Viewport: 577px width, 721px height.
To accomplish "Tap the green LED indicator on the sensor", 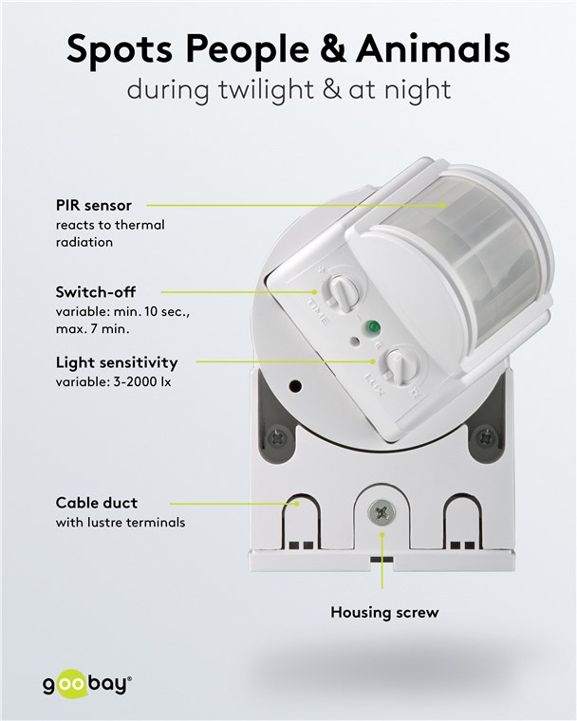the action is pyautogui.click(x=372, y=327).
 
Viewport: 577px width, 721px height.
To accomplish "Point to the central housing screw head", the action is pyautogui.click(x=382, y=512).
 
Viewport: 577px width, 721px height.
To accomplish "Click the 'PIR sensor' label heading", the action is pyautogui.click(x=93, y=205).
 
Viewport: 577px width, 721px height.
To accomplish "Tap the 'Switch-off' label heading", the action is pyautogui.click(x=96, y=292).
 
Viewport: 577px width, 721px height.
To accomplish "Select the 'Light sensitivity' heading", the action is pyautogui.click(x=117, y=362).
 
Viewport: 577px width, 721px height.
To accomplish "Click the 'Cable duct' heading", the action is pyautogui.click(x=97, y=503).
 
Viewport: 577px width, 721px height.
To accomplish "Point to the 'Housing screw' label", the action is pyautogui.click(x=384, y=613).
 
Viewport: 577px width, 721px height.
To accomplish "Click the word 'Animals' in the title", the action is pyautogui.click(x=433, y=48).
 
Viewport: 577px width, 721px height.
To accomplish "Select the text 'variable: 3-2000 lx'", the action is pyautogui.click(x=113, y=382).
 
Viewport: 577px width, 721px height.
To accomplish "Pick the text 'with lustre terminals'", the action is pyautogui.click(x=121, y=523).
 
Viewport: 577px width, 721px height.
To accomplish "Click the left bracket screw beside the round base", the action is pyautogui.click(x=277, y=437).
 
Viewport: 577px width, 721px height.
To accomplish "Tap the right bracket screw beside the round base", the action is pyautogui.click(x=485, y=437).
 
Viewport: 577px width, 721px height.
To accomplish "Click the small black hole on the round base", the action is pyautogui.click(x=295, y=386).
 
